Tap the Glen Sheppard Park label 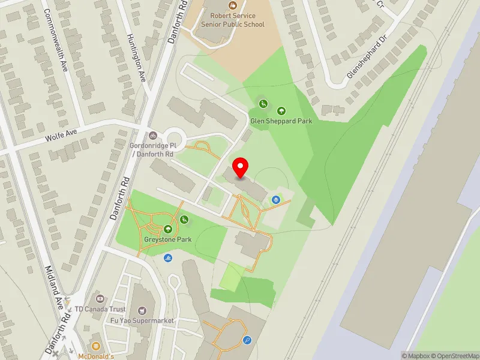pyautogui.click(x=281, y=121)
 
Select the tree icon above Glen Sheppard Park pyautogui.click(x=281, y=110)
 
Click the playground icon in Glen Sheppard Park pyautogui.click(x=263, y=104)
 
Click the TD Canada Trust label pyautogui.click(x=101, y=310)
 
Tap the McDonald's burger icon pyautogui.click(x=95, y=346)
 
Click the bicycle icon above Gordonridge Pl pyautogui.click(x=152, y=135)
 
